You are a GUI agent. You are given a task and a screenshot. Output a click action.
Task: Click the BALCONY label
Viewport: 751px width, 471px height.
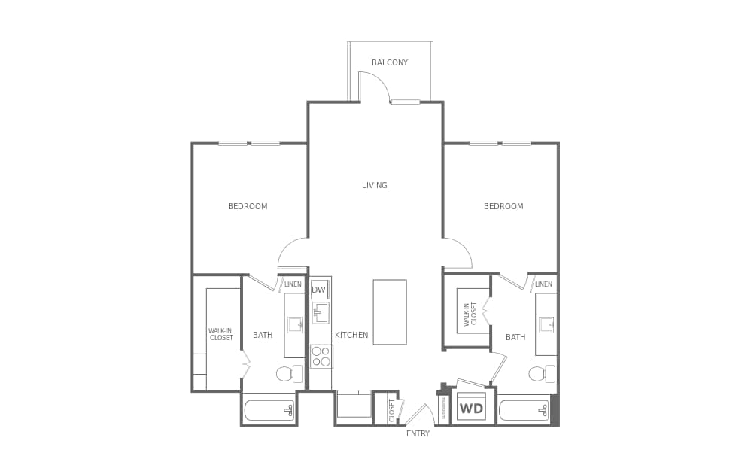pos(390,62)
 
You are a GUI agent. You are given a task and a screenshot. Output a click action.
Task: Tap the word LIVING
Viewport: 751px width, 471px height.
pos(374,185)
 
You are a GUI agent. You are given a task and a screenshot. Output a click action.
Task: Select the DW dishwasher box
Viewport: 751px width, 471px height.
pos(319,290)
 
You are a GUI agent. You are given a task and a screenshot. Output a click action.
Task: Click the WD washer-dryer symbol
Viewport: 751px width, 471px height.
pos(472,409)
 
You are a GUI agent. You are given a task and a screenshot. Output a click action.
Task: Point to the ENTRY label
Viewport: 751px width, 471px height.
pos(418,433)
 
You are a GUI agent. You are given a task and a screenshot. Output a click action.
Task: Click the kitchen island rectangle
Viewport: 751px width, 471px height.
pos(390,312)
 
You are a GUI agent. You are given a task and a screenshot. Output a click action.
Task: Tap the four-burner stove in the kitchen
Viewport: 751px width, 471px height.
pos(321,356)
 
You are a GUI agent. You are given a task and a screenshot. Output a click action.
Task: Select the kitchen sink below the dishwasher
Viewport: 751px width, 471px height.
pos(321,313)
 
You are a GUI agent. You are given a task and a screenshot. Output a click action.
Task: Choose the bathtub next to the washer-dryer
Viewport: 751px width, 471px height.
pos(524,410)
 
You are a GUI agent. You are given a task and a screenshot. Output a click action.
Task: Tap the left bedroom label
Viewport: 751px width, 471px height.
pos(248,206)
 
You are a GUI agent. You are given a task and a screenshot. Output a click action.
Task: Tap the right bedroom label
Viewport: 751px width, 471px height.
pos(503,206)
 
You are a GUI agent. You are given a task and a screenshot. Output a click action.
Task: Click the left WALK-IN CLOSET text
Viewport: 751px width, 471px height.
pos(220,334)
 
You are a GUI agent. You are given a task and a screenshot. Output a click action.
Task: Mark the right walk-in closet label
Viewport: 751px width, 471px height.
pos(470,314)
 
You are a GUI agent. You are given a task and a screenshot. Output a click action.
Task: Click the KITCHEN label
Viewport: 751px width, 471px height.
pos(351,335)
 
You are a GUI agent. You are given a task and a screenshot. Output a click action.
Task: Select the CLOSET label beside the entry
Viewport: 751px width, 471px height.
pos(392,411)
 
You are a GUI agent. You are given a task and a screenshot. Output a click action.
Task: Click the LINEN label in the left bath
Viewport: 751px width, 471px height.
pos(293,284)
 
